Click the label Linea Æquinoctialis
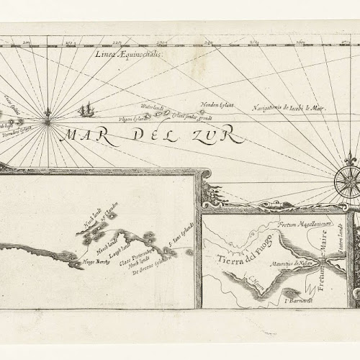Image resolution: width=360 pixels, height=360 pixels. (x=134, y=54)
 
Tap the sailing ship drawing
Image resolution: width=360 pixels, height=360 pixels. (x=86, y=110)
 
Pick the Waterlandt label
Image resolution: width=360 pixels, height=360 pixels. (x=153, y=108)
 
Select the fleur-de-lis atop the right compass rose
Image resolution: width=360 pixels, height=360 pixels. (x=351, y=157)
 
